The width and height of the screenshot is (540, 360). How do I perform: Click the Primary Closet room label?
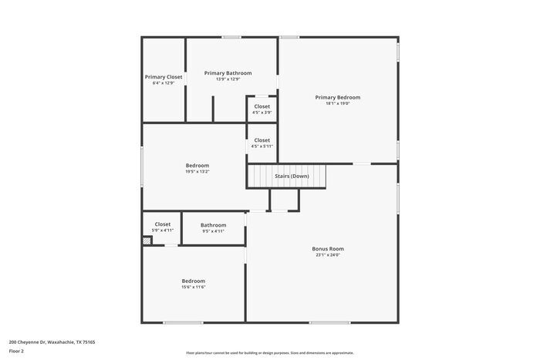(x=164, y=77)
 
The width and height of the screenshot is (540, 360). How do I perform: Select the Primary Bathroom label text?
(x=228, y=72)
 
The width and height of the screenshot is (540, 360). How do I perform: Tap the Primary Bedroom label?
(x=337, y=97)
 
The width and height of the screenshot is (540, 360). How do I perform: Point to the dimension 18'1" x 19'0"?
(x=337, y=103)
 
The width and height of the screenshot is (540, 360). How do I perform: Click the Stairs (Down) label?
(x=292, y=176)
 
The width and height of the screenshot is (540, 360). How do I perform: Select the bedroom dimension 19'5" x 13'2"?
(x=197, y=172)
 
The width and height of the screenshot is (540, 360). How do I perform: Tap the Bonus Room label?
(x=327, y=249)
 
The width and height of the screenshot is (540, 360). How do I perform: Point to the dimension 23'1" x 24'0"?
(x=327, y=255)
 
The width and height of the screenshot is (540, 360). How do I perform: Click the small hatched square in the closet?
(x=147, y=241)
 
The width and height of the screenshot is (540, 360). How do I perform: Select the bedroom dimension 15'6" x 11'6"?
(x=193, y=288)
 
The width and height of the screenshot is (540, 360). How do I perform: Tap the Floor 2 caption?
(x=16, y=351)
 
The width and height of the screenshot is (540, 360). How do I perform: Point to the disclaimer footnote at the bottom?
(x=269, y=352)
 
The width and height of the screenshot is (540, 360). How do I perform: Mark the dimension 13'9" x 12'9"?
(x=228, y=79)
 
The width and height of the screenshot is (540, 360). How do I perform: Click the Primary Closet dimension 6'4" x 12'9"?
(x=164, y=83)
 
